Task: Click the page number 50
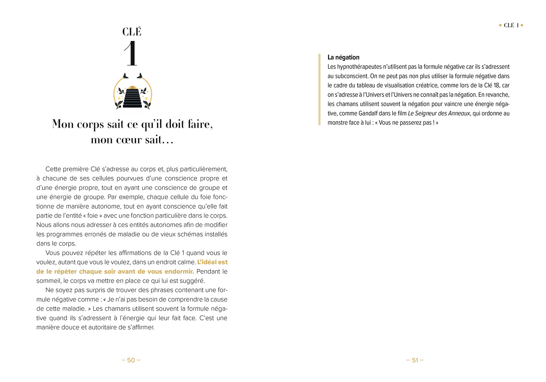coord(131,360)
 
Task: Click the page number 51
coord(415,360)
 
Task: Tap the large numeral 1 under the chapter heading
coord(131,53)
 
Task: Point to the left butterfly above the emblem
coord(125,76)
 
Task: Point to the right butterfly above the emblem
coord(140,76)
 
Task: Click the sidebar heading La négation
coord(343,57)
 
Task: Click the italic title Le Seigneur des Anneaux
coord(439,114)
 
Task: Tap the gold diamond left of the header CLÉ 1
coord(500,25)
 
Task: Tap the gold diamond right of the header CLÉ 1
coord(522,25)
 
